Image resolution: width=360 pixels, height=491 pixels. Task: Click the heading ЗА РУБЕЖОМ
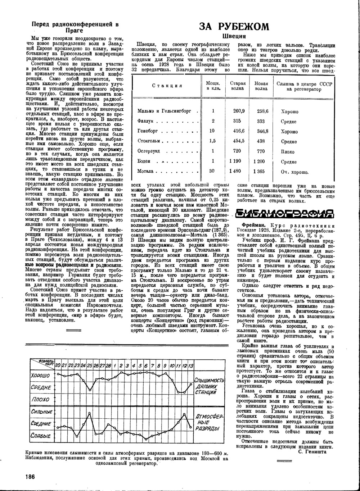pos(234,27)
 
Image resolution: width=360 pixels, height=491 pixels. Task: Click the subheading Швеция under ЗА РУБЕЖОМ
pos(234,36)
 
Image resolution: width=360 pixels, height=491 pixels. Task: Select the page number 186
pos(30,477)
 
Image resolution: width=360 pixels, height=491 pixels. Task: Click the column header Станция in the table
pos(167,86)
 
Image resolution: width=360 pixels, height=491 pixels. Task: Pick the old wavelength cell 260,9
pos(239,111)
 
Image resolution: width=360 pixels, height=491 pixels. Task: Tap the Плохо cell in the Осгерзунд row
pos(288,152)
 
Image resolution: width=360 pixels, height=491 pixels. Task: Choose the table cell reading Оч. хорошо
pos(294,172)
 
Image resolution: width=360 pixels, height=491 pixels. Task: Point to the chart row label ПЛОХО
pos(41,400)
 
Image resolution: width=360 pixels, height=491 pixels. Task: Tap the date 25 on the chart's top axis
pos(90,365)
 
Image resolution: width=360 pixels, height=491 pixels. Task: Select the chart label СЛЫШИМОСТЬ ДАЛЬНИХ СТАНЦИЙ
pos(209,387)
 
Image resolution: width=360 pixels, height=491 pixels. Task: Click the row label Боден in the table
pos(144,162)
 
